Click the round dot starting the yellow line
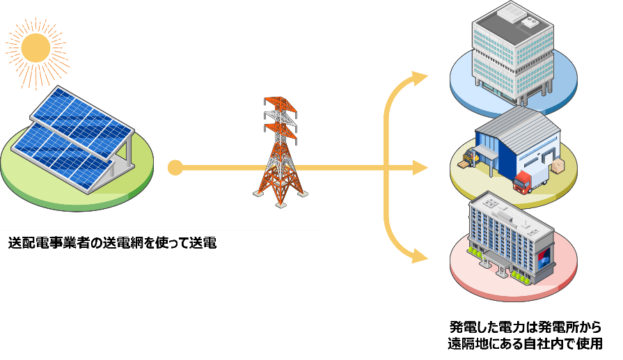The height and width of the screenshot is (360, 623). coord(175,168)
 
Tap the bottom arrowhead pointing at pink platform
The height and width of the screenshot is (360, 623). coord(419,257)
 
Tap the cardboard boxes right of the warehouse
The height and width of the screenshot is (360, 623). coord(558,168)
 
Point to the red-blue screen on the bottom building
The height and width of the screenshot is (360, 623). coord(543,257)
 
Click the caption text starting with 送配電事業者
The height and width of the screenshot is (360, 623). coord(112,243)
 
